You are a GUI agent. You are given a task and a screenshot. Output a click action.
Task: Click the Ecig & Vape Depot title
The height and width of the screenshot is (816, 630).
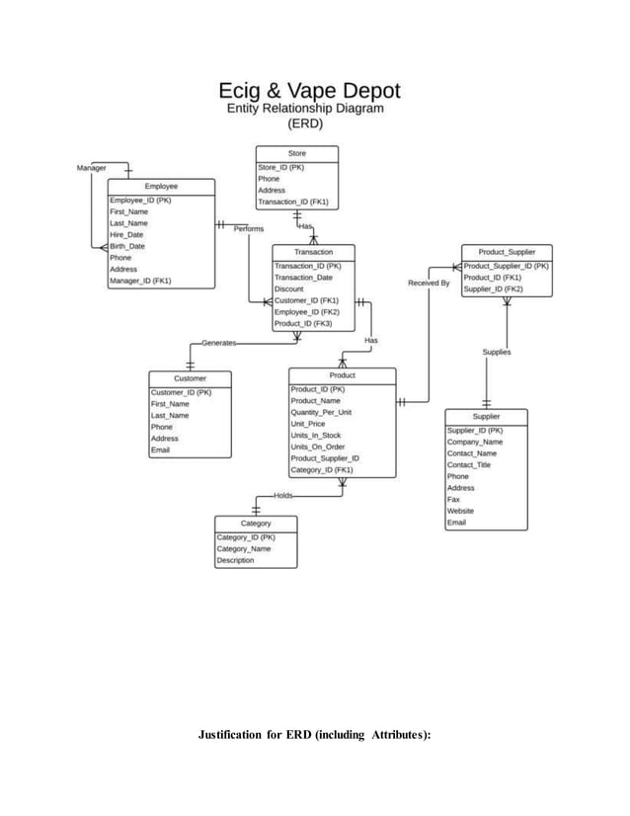point(316,90)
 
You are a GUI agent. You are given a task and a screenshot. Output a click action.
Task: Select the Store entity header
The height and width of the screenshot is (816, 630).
point(296,154)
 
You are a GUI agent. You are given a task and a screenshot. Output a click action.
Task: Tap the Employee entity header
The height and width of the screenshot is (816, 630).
point(161,186)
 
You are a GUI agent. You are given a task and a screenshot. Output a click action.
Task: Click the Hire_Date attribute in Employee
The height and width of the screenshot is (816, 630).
point(126,235)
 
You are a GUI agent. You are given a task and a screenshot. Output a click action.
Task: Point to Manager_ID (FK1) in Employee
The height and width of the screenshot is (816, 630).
point(140,282)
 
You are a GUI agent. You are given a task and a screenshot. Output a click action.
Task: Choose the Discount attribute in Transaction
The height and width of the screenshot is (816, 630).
point(289,288)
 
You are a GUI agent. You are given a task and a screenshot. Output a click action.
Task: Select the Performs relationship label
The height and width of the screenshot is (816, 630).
point(249,229)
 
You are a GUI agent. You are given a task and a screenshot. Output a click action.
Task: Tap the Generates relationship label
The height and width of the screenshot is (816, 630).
point(218,343)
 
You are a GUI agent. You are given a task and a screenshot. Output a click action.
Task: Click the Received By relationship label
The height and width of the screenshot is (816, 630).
point(429,284)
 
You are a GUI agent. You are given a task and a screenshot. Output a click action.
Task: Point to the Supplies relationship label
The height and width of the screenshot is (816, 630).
point(496,353)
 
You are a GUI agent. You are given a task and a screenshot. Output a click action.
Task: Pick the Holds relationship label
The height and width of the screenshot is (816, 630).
point(282,495)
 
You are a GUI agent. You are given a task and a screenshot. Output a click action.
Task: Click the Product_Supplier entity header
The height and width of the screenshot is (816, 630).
point(507,253)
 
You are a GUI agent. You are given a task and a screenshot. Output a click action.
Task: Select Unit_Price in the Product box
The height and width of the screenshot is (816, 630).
point(308,424)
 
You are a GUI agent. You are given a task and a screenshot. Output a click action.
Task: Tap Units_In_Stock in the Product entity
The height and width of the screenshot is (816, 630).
point(316,436)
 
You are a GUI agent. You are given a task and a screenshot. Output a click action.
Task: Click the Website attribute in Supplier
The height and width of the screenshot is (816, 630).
point(460,511)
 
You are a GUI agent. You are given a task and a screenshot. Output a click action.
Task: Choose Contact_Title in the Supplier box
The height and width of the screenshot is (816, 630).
point(469,464)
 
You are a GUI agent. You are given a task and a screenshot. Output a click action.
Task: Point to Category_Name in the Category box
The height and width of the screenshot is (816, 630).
point(244,548)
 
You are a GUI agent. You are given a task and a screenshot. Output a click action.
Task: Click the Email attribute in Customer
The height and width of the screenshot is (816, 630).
point(160,450)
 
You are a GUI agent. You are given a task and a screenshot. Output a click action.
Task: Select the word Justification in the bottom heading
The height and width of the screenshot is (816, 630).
point(240,735)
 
